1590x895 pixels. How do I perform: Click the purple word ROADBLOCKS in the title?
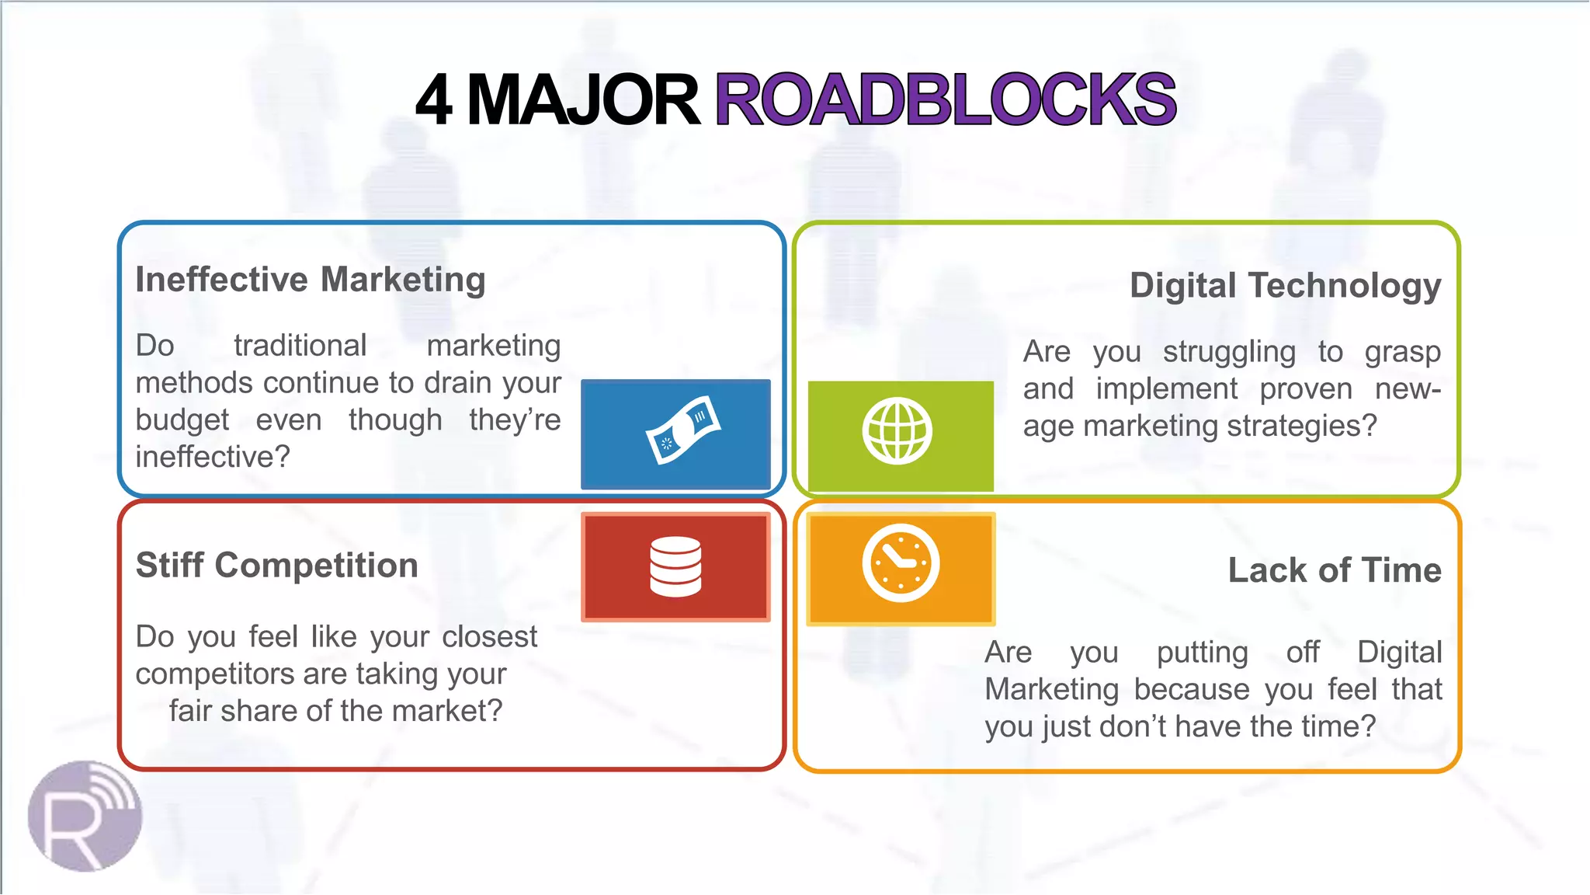click(x=945, y=100)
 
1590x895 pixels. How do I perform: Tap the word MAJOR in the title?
click(x=583, y=100)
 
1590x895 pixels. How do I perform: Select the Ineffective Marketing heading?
click(x=311, y=280)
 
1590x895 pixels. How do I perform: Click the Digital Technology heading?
click(x=1285, y=286)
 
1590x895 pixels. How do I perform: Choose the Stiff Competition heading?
click(x=277, y=565)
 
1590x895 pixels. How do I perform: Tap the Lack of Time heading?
click(x=1335, y=570)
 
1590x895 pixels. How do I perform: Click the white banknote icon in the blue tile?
click(x=683, y=430)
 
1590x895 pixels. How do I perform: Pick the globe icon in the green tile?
click(x=897, y=431)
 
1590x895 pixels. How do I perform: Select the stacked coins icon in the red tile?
click(x=675, y=566)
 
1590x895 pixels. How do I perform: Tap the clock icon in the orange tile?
click(x=901, y=563)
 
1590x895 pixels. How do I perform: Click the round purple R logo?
click(x=85, y=816)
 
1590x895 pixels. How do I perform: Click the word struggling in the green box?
click(x=1229, y=352)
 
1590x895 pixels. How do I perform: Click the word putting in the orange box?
click(x=1202, y=653)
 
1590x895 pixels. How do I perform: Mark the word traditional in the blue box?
click(x=300, y=346)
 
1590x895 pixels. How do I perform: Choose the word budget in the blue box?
click(x=182, y=420)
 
